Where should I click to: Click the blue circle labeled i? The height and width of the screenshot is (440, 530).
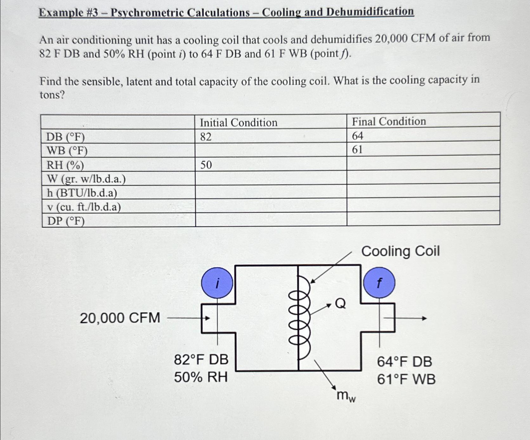pyautogui.click(x=217, y=283)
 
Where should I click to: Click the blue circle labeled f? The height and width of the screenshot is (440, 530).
pyautogui.click(x=379, y=283)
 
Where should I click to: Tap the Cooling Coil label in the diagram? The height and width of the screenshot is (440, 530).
pyautogui.click(x=400, y=251)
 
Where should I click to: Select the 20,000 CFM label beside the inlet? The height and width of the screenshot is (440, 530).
pyautogui.click(x=120, y=318)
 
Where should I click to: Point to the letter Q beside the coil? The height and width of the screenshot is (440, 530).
pyautogui.click(x=340, y=304)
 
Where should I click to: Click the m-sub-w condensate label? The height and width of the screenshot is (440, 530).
pyautogui.click(x=346, y=396)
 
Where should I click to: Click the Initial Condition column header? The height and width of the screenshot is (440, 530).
pyautogui.click(x=239, y=122)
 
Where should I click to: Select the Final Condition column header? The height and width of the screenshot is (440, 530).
pyautogui.click(x=389, y=121)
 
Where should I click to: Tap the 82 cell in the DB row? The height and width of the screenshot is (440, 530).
pyautogui.click(x=206, y=137)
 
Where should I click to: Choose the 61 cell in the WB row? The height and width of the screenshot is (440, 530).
pyautogui.click(x=357, y=149)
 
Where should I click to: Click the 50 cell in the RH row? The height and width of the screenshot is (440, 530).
pyautogui.click(x=206, y=165)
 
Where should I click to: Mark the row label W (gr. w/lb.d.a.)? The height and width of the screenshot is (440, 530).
pyautogui.click(x=86, y=179)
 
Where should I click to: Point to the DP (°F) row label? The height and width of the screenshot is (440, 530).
pyautogui.click(x=66, y=221)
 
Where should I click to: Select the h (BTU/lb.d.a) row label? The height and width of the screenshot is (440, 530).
pyautogui.click(x=82, y=193)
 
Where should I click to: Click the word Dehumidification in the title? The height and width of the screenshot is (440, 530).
pyautogui.click(x=370, y=12)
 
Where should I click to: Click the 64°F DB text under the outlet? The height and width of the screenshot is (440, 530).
pyautogui.click(x=404, y=362)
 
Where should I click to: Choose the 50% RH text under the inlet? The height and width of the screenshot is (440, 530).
pyautogui.click(x=201, y=377)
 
